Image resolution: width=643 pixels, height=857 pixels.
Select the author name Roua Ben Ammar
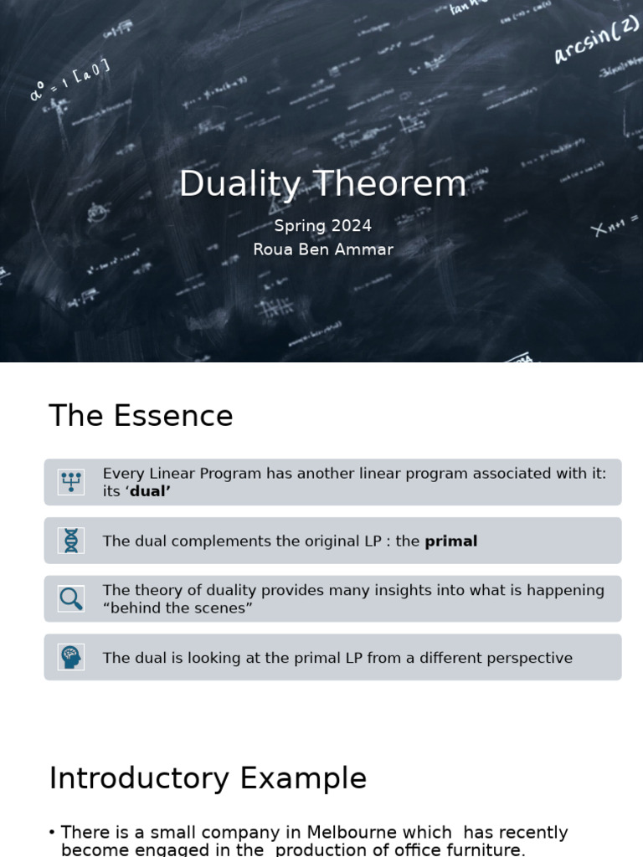323,249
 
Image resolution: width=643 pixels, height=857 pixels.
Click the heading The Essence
141,416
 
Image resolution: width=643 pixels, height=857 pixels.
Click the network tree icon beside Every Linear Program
71,482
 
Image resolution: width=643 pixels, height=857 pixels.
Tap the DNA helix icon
71,541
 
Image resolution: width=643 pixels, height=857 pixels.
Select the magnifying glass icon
71,598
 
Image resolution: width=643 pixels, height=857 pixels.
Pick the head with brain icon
71,657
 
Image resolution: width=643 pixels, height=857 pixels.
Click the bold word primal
450,541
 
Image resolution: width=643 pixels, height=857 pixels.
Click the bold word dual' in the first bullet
150,491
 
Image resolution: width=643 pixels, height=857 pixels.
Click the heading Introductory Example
208,778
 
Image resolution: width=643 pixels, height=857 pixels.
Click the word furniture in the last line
486,849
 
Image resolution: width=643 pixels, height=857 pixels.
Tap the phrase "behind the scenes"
177,608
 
